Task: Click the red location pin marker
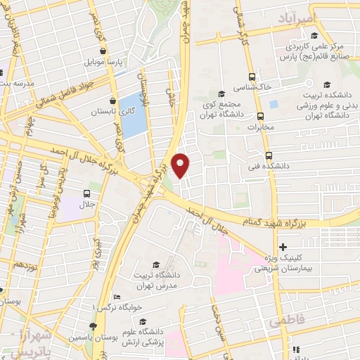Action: [181, 165]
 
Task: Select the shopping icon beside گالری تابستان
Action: [112, 101]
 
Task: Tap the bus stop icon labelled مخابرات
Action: [260, 116]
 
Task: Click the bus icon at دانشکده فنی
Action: [269, 157]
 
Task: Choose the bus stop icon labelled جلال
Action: [86, 193]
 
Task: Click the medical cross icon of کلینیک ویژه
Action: [283, 247]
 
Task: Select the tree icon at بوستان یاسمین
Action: [93, 326]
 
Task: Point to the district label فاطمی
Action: [283, 320]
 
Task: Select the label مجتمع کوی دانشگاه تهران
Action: [232, 105]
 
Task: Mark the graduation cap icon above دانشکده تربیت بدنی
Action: [327, 86]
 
